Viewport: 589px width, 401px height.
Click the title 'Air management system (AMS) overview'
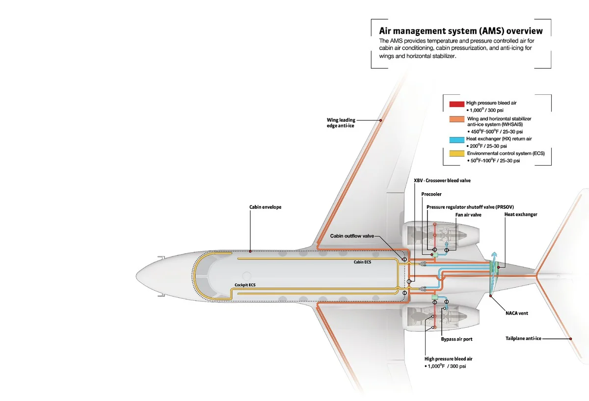461,30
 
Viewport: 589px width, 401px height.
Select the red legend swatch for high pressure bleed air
456,104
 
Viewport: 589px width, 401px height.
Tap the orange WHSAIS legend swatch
456,119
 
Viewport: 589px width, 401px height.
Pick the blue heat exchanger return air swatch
456,139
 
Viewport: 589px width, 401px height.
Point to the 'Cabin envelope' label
265,207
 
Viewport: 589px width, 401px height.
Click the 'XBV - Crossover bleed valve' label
442,181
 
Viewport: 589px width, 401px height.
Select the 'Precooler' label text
431,194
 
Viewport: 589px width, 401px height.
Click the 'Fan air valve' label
467,215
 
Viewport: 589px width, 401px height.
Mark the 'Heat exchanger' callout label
520,215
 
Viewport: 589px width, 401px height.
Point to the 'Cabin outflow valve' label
352,236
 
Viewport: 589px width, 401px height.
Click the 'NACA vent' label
516,313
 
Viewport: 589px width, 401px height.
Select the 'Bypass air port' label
456,339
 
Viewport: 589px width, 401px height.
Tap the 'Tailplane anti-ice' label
523,339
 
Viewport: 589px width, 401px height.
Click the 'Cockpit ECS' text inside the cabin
244,285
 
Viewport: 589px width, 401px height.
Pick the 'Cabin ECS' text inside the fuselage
363,262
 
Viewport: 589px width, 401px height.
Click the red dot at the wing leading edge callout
380,120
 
